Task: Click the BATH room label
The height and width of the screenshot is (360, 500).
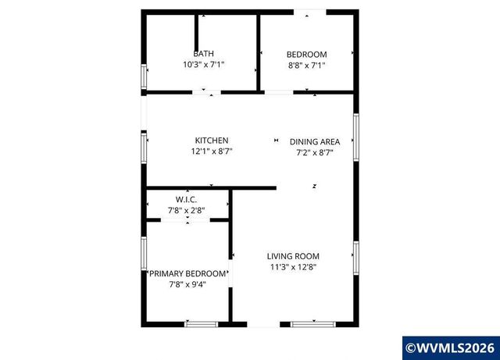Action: pos(203,54)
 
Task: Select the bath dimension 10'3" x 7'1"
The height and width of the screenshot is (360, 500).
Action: pos(203,66)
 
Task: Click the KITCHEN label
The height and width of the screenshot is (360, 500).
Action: pos(212,141)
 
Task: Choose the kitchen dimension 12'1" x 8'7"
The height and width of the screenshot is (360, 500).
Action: pos(212,151)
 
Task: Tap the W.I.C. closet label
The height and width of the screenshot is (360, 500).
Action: pos(186,200)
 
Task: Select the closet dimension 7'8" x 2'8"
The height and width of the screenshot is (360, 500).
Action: pos(186,211)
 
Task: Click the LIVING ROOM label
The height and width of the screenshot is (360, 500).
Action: pos(293,256)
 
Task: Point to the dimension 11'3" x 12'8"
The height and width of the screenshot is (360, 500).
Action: pos(293,267)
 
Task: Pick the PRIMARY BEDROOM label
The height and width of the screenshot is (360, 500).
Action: pos(188,273)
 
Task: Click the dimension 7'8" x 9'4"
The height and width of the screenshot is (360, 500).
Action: pos(188,284)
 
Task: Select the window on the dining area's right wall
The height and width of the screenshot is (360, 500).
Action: pos(355,136)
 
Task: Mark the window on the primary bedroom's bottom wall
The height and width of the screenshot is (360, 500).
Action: pos(201,323)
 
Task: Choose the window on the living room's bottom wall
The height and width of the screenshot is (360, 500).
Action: pos(313,323)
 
